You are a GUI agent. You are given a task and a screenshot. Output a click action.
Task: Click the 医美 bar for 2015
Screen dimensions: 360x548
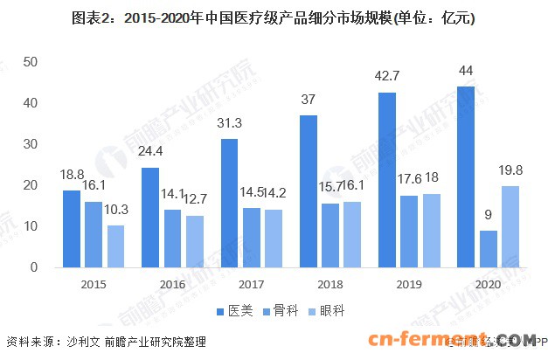pyautogui.click(x=71, y=229)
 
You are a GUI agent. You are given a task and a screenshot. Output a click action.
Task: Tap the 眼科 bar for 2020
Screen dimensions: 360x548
pyautogui.click(x=510, y=226)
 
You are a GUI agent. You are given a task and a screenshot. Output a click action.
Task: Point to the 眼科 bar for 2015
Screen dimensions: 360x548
pyautogui.click(x=116, y=246)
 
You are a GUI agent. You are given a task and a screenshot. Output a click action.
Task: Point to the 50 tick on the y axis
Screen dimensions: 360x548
pyautogui.click(x=30, y=62)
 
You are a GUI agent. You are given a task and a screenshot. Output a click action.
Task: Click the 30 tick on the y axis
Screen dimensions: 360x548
pyautogui.click(x=30, y=144)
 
